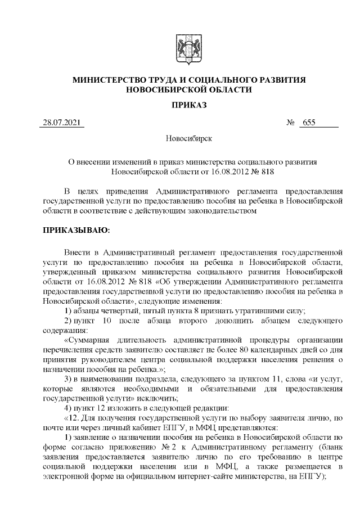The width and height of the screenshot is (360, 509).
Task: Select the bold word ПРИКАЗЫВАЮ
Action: (x=76, y=231)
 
